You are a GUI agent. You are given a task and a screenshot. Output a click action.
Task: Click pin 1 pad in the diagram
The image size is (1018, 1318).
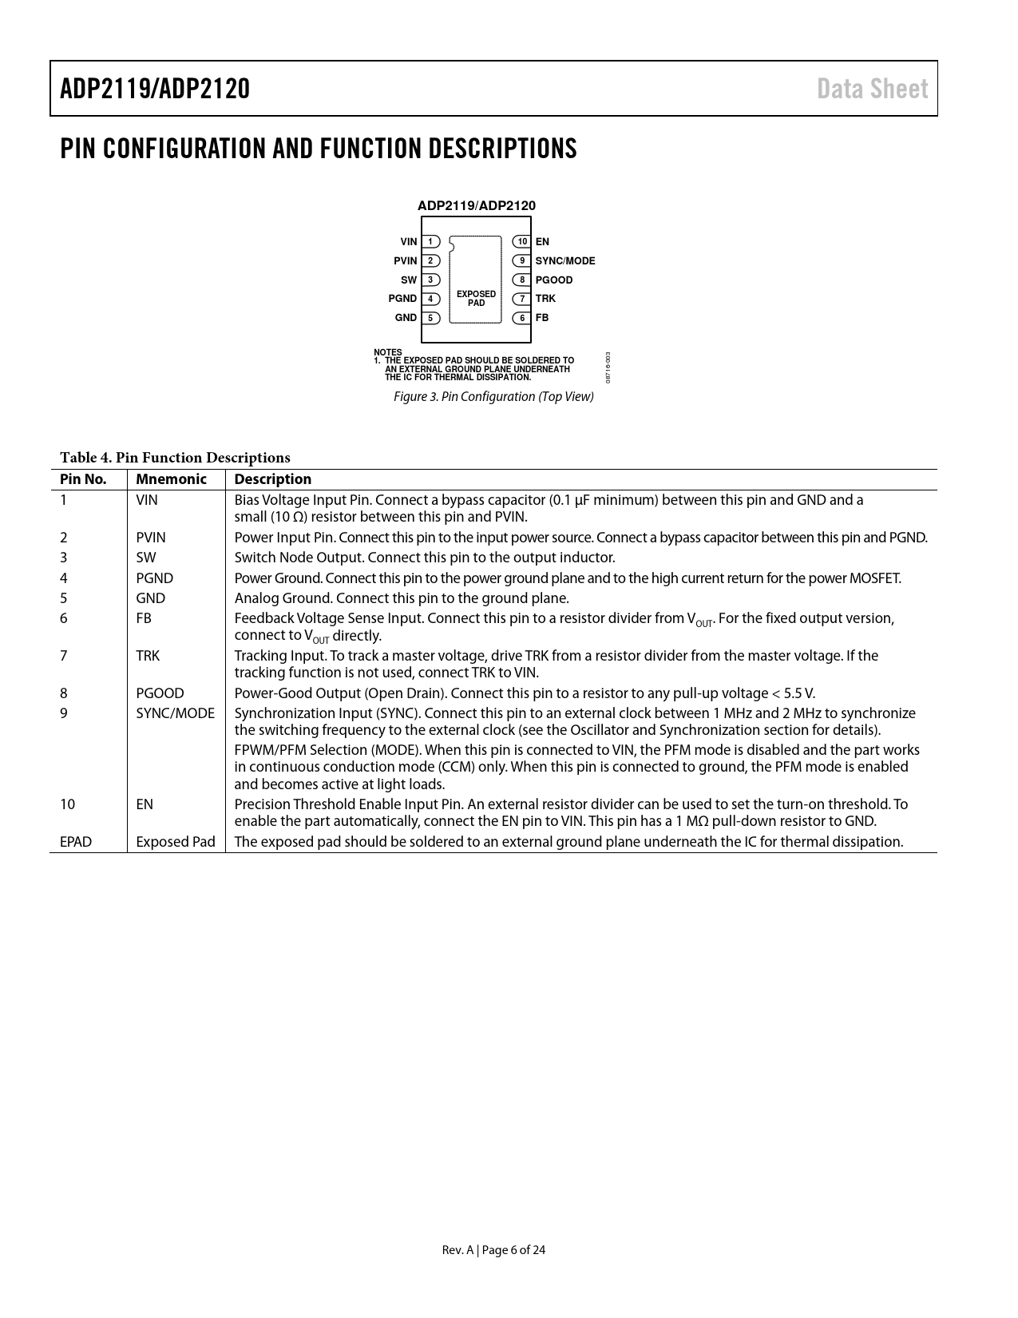pos(430,242)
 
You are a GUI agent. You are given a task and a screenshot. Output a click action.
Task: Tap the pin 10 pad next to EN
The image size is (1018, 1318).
pos(522,242)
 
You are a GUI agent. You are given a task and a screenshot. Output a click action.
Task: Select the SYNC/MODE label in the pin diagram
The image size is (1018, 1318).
pos(565,261)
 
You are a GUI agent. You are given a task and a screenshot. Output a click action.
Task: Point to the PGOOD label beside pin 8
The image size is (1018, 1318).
pos(554,280)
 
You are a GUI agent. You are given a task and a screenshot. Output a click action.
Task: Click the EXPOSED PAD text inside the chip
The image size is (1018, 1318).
pos(476,299)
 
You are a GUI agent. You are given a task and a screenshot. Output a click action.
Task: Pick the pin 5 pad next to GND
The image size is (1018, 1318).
pos(430,318)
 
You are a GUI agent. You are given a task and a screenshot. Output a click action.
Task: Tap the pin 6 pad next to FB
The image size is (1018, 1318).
pos(522,318)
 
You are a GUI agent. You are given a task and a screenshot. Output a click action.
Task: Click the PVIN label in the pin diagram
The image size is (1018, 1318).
pos(406,261)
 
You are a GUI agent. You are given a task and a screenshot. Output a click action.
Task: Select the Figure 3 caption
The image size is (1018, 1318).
pos(493,397)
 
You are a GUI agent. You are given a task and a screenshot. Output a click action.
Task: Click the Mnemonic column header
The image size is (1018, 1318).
pos(171,479)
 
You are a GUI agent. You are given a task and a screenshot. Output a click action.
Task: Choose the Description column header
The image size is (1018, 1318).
pos(272,479)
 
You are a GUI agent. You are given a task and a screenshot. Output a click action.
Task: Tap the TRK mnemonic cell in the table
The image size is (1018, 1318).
pos(148,656)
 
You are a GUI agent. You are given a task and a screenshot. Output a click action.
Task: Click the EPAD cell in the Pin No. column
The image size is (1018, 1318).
pos(76,842)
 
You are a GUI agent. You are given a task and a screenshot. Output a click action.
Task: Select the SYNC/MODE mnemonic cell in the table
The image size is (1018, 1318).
pos(175,713)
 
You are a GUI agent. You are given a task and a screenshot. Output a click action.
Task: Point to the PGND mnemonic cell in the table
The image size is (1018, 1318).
pos(154,578)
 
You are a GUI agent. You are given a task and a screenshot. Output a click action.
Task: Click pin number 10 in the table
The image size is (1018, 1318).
pos(68,804)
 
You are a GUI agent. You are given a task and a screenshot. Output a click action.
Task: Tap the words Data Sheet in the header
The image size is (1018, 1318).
pos(872,89)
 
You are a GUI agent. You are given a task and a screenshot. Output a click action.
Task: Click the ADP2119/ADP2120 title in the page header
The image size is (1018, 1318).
pos(155,89)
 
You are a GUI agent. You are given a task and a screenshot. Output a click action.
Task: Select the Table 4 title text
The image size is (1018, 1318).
pos(175,458)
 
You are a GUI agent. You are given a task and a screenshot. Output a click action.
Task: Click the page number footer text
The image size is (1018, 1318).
pos(493,1250)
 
